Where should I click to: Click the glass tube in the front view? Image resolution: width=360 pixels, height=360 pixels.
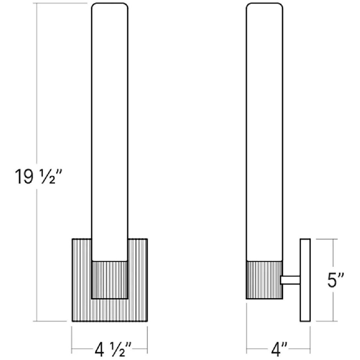(110, 132)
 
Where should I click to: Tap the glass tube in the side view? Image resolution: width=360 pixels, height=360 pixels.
(265, 132)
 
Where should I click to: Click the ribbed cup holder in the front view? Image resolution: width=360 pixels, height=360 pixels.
(110, 280)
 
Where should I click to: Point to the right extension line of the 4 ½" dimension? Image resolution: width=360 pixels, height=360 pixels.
(147, 340)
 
